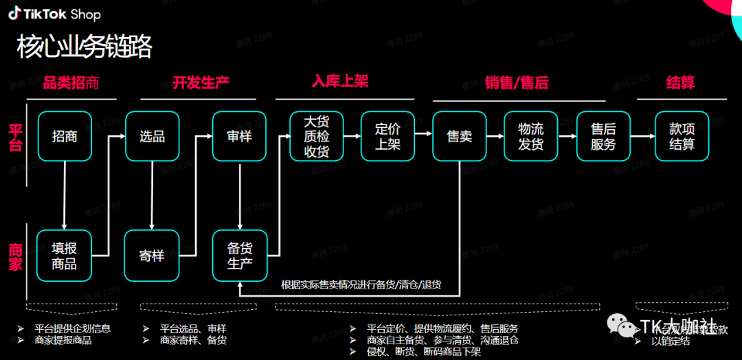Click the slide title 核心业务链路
click(84, 48)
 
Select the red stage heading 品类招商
click(71, 83)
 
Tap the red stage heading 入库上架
click(340, 81)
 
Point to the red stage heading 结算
click(680, 83)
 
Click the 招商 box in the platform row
click(65, 136)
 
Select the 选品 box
click(152, 136)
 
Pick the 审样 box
click(239, 136)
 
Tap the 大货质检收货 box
click(316, 136)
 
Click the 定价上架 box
click(387, 136)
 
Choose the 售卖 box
click(459, 136)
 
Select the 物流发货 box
click(530, 136)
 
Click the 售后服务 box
click(603, 136)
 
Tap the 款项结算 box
click(682, 136)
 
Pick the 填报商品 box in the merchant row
click(65, 256)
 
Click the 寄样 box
click(152, 256)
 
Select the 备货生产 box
click(239, 256)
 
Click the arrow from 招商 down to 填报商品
click(65, 195)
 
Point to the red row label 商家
click(15, 256)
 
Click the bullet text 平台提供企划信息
click(72, 328)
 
